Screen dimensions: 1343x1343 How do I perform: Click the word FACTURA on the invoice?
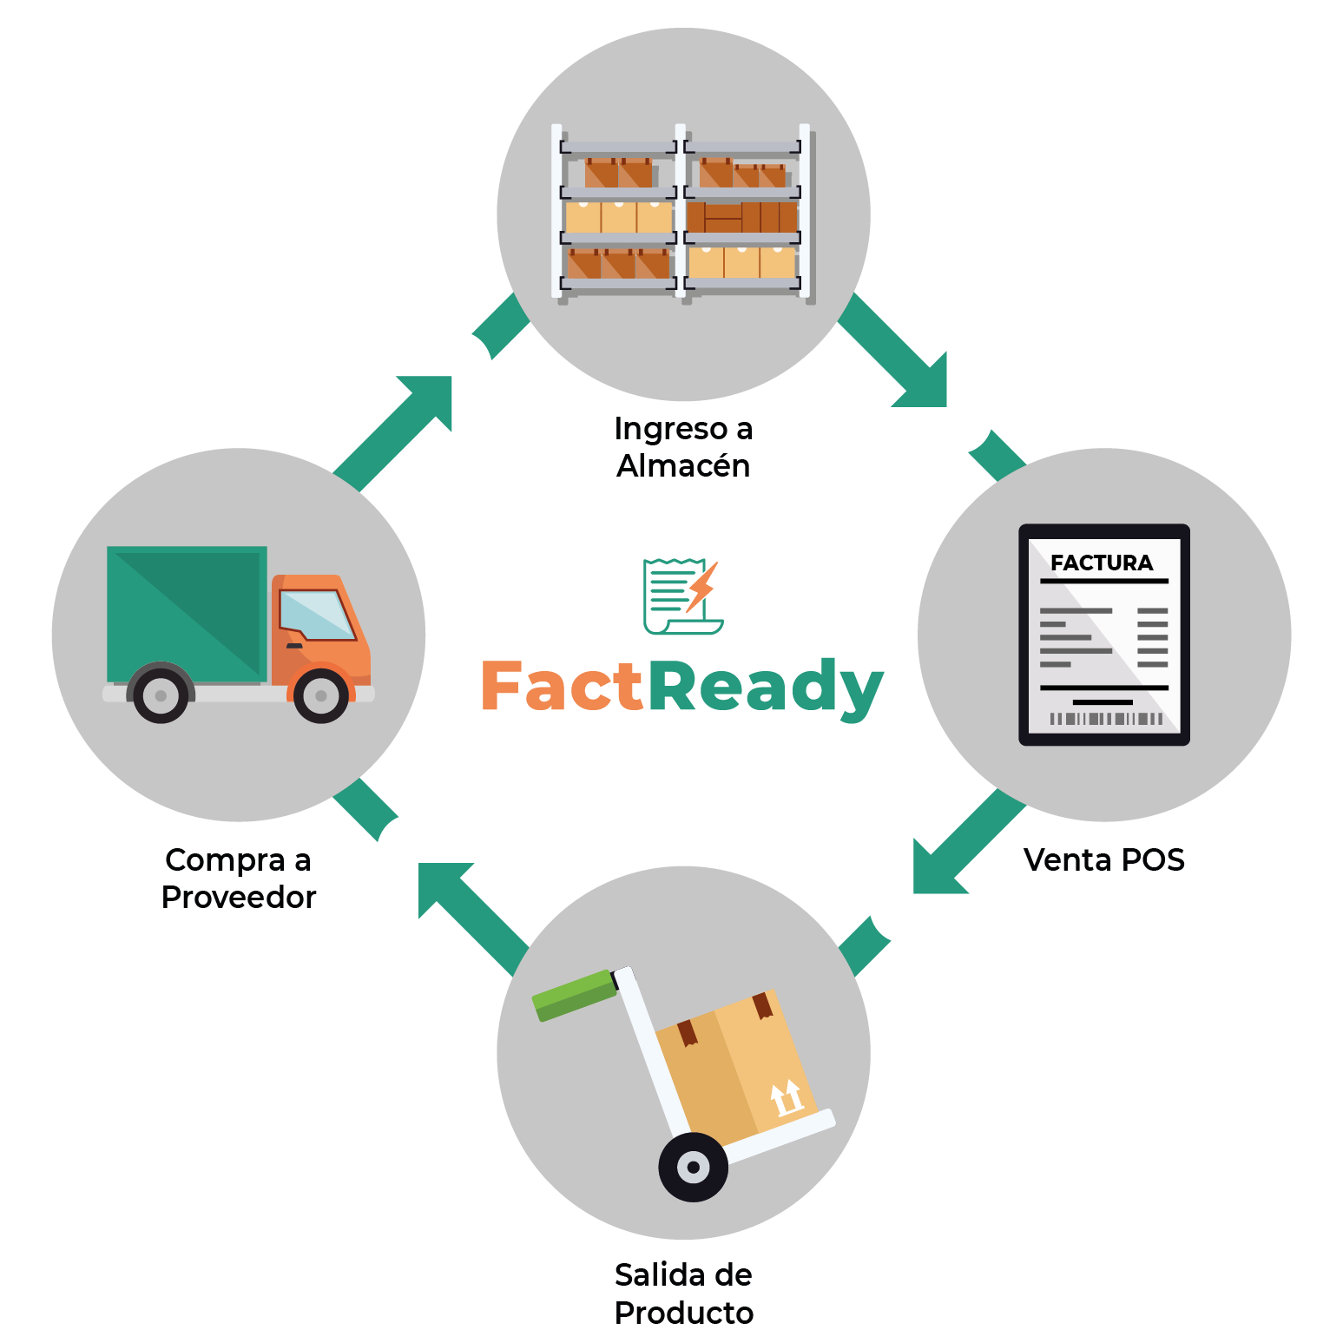coord(1101,563)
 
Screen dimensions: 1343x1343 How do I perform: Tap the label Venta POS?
coord(1103,859)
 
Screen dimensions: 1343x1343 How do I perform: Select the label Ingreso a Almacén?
coord(683,447)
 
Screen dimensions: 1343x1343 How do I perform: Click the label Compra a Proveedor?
coord(239,878)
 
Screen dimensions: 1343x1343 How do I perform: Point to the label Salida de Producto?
coord(683,1294)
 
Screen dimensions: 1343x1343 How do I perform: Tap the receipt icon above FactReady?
coord(682,596)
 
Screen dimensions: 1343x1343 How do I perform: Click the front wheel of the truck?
coord(321,695)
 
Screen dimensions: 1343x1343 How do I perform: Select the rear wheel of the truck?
coord(161,695)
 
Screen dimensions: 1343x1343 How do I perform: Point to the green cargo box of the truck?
coord(186,613)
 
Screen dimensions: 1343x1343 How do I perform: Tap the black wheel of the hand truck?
coord(693,1167)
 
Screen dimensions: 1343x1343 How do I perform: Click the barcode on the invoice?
coord(1104,719)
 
